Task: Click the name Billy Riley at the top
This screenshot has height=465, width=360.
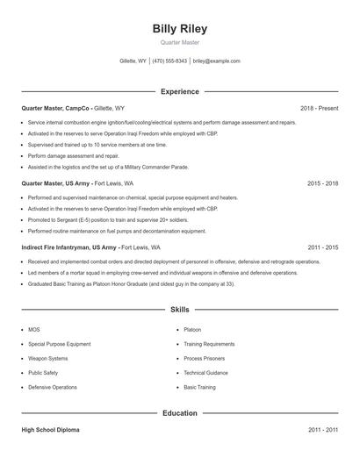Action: click(179, 28)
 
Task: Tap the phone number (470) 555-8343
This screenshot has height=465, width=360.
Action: click(169, 61)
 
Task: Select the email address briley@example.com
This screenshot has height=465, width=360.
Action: click(216, 61)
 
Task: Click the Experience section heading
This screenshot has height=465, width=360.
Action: click(179, 91)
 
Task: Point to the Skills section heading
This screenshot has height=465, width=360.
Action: click(179, 310)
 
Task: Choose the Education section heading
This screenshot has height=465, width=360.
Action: click(179, 412)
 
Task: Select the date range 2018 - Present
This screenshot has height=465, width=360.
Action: click(319, 108)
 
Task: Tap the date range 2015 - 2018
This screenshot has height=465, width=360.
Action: click(322, 183)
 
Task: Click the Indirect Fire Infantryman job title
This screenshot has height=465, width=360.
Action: click(69, 247)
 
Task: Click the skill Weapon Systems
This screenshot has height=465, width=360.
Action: click(47, 358)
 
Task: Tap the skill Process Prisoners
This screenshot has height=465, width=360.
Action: click(204, 358)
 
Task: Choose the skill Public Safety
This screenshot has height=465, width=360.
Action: click(45, 372)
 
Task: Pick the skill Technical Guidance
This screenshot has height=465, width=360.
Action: click(205, 372)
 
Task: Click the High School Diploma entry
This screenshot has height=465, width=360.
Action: click(50, 430)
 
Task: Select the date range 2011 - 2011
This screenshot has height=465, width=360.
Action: click(322, 430)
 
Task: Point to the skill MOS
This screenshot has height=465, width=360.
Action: click(34, 329)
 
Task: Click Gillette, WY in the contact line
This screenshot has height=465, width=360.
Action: click(133, 61)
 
